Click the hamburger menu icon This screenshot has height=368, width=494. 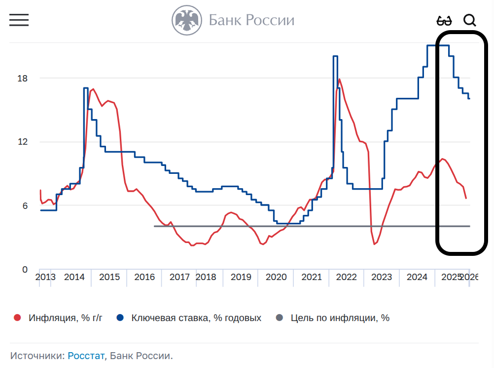19,20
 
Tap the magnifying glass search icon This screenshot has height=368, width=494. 470,20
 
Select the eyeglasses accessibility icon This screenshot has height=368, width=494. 444,21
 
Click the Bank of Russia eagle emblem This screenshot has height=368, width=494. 187,20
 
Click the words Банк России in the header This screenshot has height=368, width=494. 251,20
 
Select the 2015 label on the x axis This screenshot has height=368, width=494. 109,277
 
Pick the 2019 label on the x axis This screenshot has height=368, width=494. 241,277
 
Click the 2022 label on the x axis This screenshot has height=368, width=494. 347,277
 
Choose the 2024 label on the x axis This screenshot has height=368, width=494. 417,277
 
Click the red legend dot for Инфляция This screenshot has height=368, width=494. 18,318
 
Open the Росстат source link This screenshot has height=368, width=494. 86,356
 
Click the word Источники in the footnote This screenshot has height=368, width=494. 37,356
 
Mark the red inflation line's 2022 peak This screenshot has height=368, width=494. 339,79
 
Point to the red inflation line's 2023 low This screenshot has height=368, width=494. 375,244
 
